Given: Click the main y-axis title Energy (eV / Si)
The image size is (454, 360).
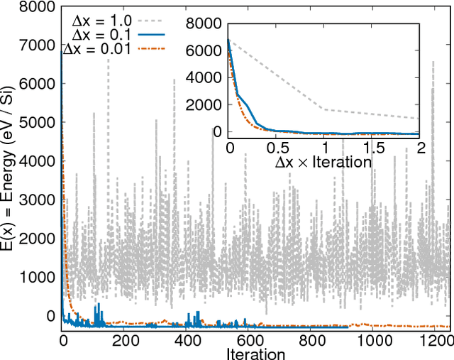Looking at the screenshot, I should click(15, 165).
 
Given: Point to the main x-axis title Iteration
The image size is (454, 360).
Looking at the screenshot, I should click(257, 353).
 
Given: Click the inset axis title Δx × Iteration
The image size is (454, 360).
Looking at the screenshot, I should click(323, 162).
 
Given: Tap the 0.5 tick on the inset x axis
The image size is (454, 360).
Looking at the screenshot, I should click(277, 148).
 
